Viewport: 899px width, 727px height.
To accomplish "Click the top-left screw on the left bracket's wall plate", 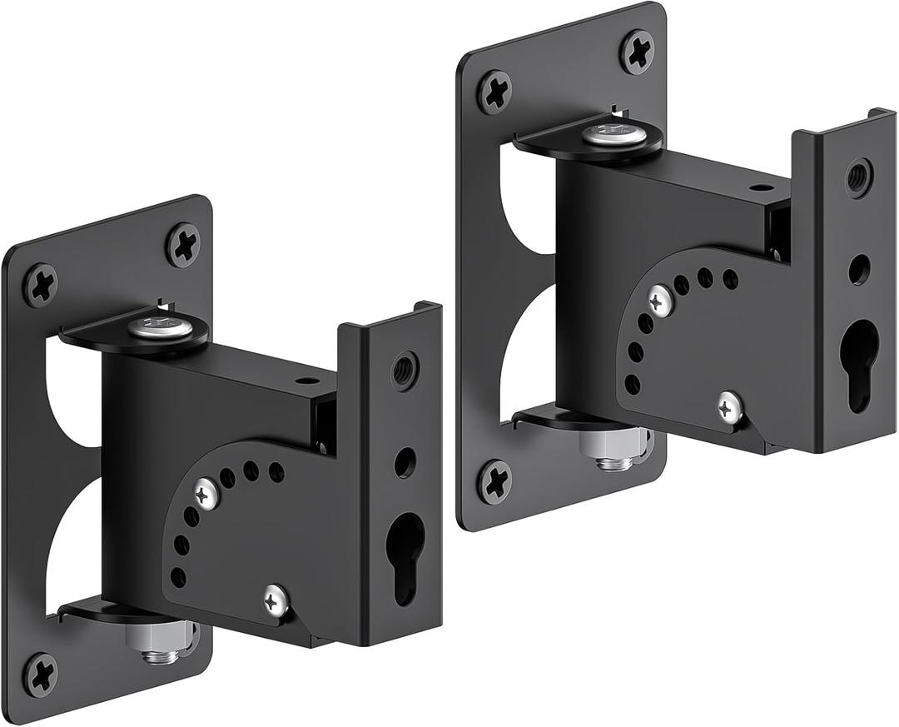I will point(40,285).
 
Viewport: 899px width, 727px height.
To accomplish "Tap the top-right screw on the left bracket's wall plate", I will point(183,244).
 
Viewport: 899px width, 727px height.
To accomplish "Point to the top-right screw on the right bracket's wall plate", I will point(638,51).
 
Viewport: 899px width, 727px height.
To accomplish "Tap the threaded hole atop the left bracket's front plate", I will point(405,368).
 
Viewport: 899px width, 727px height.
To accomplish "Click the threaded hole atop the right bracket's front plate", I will point(859,176).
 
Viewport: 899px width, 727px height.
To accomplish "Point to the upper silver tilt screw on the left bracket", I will point(206,495).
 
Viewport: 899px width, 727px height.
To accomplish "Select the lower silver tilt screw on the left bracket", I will point(276,599).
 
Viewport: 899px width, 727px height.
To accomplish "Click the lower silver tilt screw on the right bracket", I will point(730,406).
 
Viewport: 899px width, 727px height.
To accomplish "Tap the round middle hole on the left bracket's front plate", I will point(405,462).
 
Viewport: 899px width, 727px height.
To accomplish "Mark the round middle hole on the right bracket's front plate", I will point(859,269).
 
